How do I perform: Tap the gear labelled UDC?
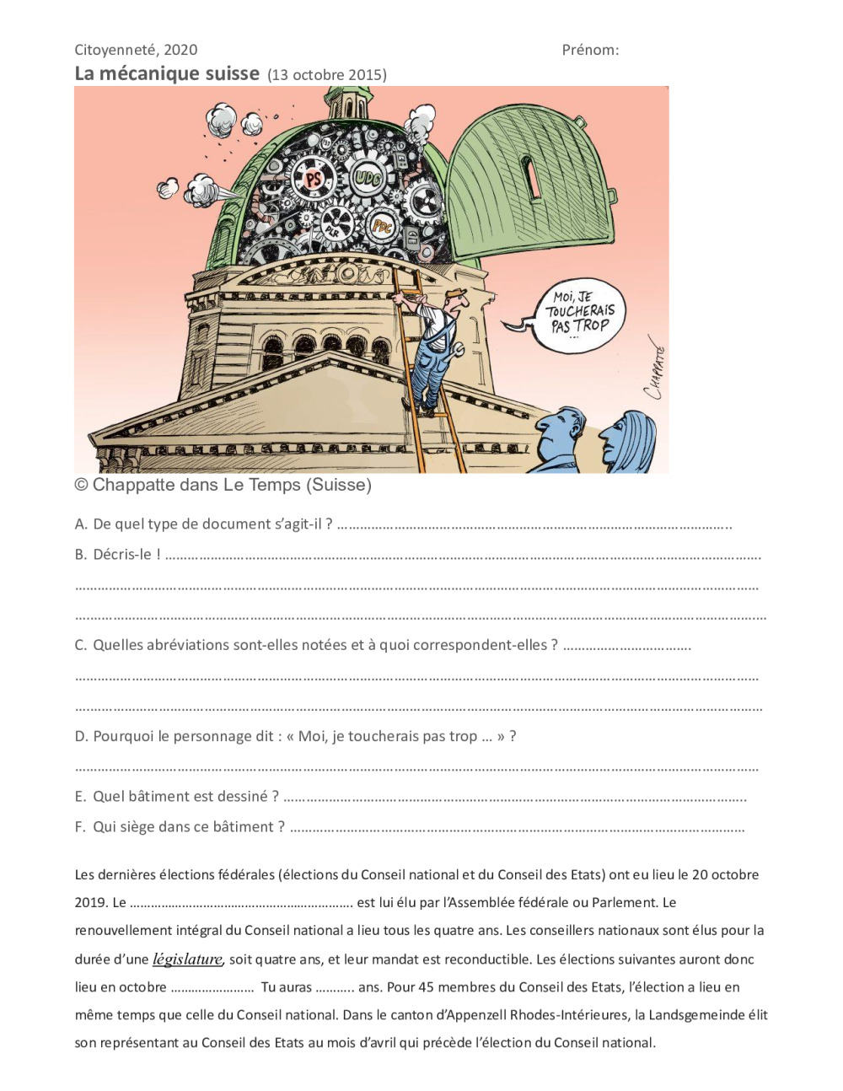[x=368, y=179]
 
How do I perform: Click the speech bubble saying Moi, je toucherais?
[x=581, y=313]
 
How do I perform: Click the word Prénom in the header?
[x=590, y=50]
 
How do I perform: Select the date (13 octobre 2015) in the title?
[x=327, y=75]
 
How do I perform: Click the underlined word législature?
[x=187, y=959]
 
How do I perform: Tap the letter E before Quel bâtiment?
[x=80, y=797]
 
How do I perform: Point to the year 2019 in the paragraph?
[x=91, y=903]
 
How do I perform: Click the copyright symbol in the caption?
[x=82, y=485]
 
